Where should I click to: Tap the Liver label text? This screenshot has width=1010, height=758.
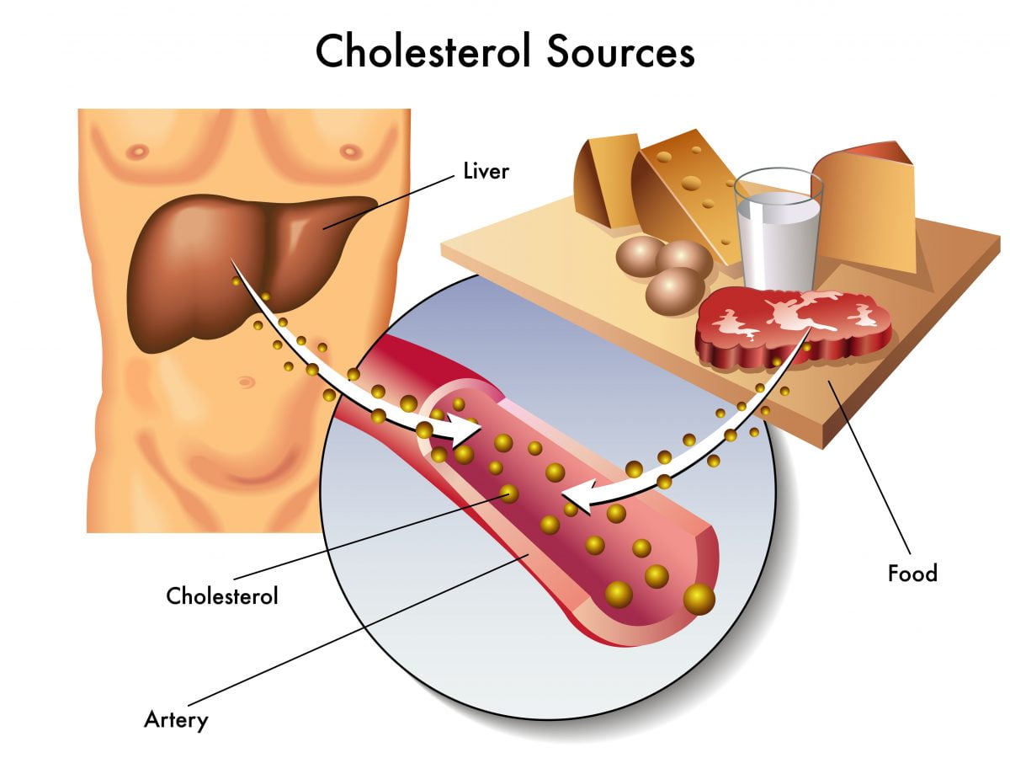click(486, 172)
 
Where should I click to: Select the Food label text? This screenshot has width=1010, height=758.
click(912, 574)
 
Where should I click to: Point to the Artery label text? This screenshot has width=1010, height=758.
click(176, 720)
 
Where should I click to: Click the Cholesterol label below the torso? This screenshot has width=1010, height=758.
click(222, 596)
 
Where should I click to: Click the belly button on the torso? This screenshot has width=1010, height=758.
click(245, 382)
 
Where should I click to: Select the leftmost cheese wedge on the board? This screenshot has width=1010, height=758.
click(604, 181)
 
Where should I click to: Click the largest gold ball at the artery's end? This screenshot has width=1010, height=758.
click(699, 599)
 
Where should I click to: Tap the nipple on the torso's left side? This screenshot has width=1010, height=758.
click(135, 152)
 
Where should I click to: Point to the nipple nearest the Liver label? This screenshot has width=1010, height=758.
click(350, 152)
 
